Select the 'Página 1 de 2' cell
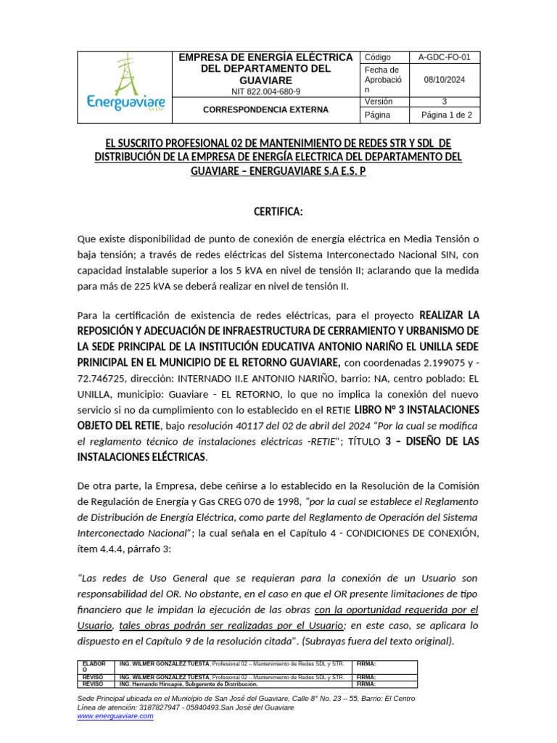(445, 115)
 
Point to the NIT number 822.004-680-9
(265, 92)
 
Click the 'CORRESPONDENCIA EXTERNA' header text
(265, 110)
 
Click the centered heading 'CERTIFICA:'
(278, 211)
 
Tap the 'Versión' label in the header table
(379, 102)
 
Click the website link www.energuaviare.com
(115, 716)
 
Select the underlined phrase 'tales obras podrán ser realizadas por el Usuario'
(231, 625)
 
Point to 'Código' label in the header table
(378, 57)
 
